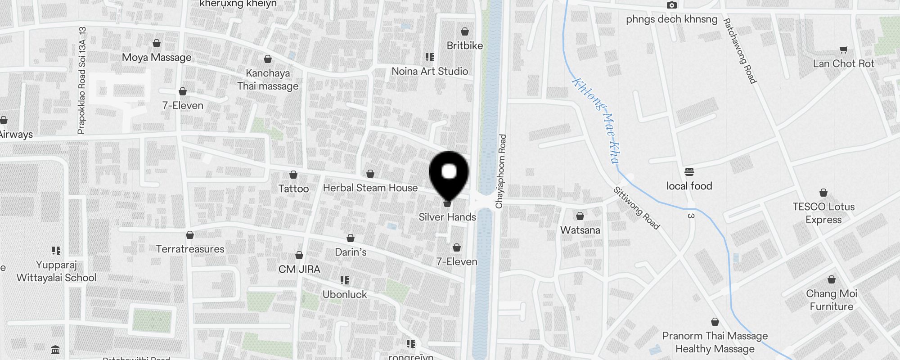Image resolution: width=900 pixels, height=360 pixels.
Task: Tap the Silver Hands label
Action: pyautogui.click(x=447, y=217)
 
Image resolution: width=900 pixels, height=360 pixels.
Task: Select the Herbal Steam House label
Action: pyautogui.click(x=370, y=188)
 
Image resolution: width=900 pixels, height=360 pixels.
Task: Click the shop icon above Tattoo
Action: pyautogui.click(x=293, y=175)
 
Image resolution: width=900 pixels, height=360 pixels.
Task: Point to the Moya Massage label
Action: pyautogui.click(x=157, y=57)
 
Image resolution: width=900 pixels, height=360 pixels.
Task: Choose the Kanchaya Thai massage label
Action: pyautogui.click(x=268, y=79)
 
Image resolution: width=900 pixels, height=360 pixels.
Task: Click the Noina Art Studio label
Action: pyautogui.click(x=429, y=71)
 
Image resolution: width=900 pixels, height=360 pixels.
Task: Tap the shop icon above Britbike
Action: pyautogui.click(x=465, y=32)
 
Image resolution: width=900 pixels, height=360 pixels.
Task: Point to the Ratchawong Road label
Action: pyautogui.click(x=739, y=51)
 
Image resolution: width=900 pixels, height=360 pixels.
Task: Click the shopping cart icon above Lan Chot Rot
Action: pyautogui.click(x=843, y=50)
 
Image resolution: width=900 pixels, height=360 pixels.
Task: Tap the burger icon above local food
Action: pyautogui.click(x=689, y=172)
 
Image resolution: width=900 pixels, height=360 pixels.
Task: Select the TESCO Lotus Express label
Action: pyautogui.click(x=823, y=213)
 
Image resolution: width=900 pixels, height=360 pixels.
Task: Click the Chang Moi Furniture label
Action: pyautogui.click(x=831, y=300)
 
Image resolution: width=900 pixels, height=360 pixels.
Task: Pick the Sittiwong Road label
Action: pyautogui.click(x=636, y=208)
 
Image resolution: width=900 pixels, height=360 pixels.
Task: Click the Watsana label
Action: pyautogui.click(x=580, y=230)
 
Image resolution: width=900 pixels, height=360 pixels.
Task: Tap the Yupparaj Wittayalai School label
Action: pyautogui.click(x=56, y=271)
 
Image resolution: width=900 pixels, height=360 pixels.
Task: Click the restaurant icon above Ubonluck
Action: pyautogui.click(x=345, y=281)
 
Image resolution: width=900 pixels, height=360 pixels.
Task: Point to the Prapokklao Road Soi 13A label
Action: pyautogui.click(x=81, y=81)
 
